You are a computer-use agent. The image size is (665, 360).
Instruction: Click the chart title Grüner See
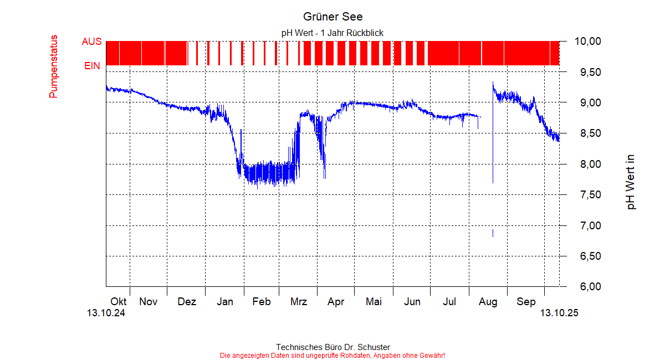(332, 17)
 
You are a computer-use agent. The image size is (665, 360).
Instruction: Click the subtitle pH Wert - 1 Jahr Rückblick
(332, 33)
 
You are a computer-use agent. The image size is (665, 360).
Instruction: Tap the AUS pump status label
(92, 42)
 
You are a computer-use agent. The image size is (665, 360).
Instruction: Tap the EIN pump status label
(92, 66)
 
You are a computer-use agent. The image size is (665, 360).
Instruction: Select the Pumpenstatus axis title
(54, 66)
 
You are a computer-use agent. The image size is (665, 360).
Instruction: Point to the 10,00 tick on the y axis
(588, 42)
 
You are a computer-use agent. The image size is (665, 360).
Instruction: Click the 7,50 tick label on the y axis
(588, 195)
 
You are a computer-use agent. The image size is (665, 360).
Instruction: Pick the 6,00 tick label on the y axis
(588, 287)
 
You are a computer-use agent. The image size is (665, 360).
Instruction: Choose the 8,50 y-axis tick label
(588, 133)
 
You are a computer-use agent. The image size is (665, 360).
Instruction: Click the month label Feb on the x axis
(262, 302)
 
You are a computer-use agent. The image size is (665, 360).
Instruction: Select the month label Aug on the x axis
(488, 302)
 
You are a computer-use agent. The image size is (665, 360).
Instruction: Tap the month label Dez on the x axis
(187, 302)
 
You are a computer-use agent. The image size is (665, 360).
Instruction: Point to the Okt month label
(119, 302)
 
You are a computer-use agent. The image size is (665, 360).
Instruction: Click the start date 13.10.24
(106, 313)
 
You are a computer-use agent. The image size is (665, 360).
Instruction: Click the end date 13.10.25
(559, 313)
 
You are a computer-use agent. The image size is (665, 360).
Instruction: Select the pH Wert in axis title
(631, 182)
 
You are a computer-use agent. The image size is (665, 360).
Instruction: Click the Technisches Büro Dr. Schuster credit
(332, 347)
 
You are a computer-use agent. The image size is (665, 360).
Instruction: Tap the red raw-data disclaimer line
(332, 355)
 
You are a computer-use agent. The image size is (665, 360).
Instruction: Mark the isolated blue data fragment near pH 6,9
(493, 233)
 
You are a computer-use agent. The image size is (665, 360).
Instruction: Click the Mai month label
(374, 302)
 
